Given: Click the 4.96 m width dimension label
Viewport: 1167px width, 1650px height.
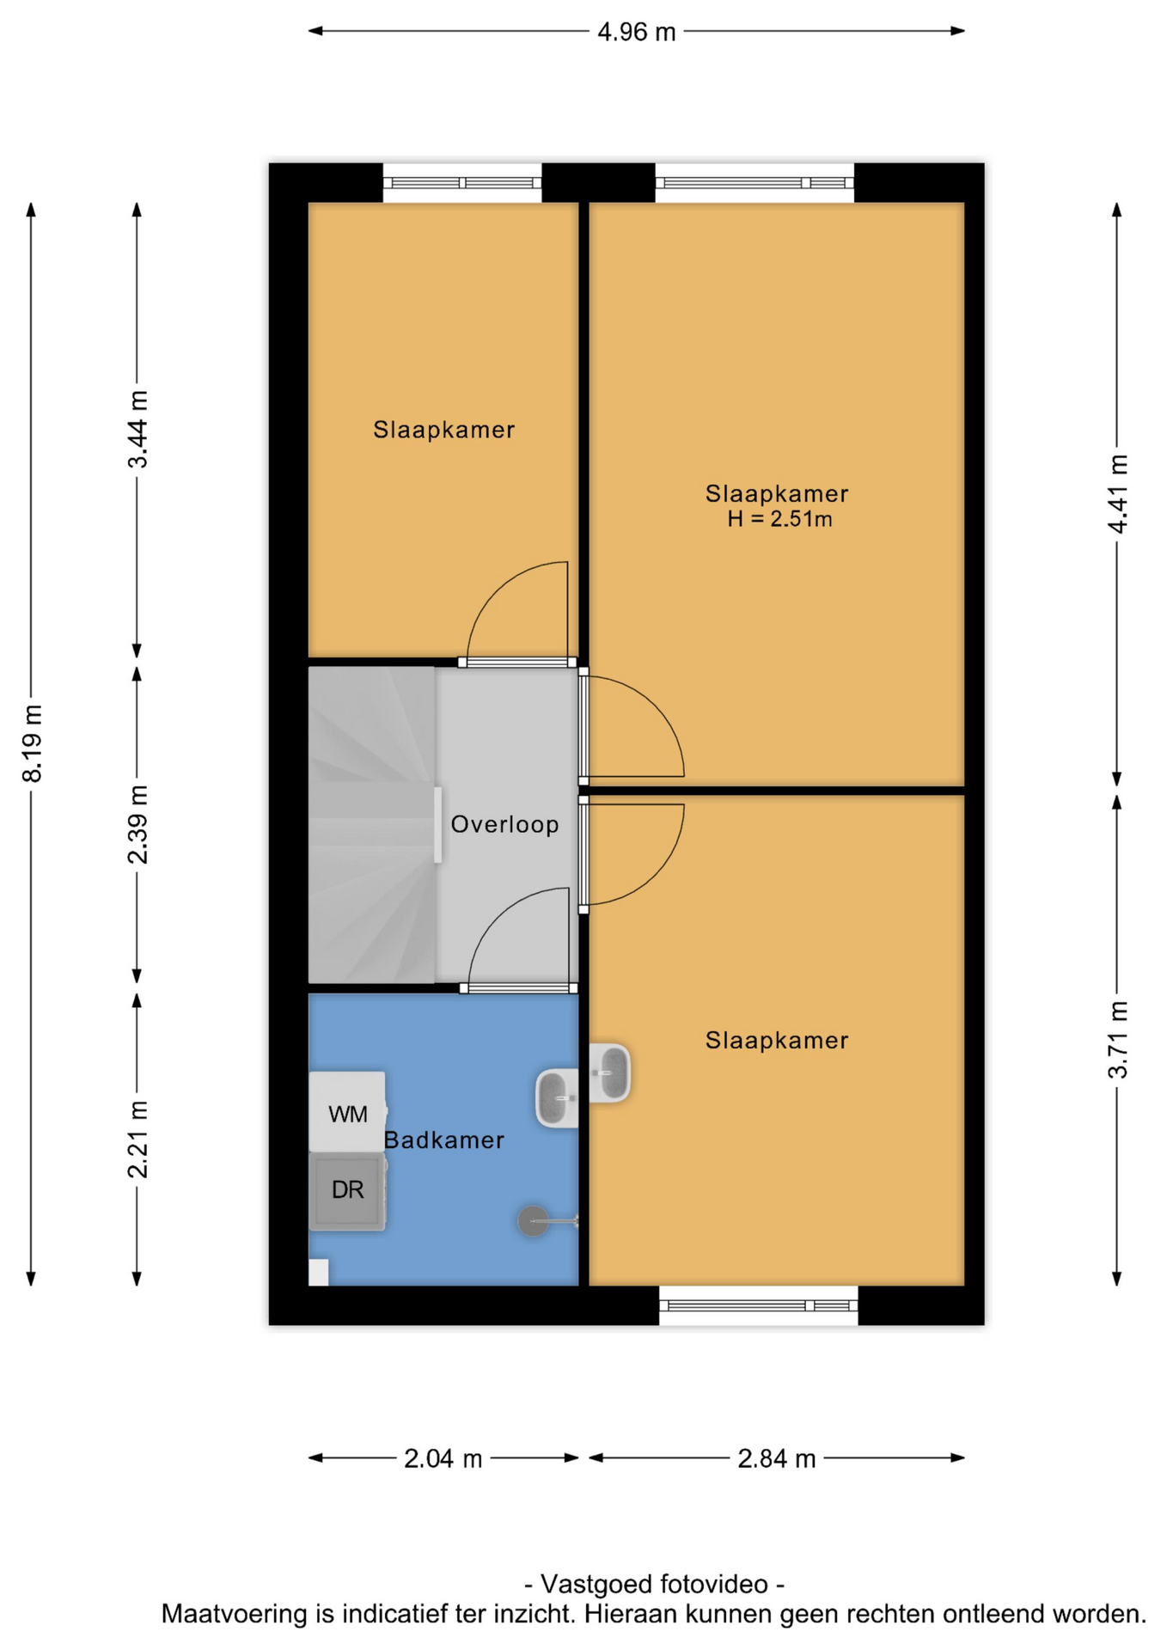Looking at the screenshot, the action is [636, 32].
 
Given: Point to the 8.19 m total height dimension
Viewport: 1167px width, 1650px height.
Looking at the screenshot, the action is [32, 743].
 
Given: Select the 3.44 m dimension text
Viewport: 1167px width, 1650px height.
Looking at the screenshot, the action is [137, 429].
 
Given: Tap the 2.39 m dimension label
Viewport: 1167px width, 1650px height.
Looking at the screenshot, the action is [137, 824].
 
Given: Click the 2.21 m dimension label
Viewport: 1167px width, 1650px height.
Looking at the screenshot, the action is [137, 1139].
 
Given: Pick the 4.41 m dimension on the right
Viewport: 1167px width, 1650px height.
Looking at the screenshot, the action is [1117, 493].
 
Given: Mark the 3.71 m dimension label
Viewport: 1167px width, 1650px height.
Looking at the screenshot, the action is [1117, 1039].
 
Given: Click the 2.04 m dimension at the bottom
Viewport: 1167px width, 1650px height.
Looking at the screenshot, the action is [443, 1458].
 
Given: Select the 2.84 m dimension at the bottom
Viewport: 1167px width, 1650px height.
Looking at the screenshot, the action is [776, 1458].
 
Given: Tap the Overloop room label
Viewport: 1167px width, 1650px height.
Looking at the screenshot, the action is [504, 824].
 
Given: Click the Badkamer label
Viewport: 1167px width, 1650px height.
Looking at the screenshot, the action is [443, 1140].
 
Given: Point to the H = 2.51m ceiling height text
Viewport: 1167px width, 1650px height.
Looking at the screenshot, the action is [779, 518].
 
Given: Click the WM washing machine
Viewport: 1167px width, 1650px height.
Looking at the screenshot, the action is [347, 1112].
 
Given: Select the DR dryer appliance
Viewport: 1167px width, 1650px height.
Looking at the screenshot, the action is [347, 1191].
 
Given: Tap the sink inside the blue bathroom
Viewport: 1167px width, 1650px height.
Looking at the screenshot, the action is [557, 1098].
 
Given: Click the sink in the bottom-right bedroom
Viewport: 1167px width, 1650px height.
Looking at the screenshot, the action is [610, 1072].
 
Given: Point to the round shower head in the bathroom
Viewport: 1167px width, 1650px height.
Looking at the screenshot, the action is [533, 1220].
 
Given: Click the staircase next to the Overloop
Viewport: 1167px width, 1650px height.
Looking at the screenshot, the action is [371, 824].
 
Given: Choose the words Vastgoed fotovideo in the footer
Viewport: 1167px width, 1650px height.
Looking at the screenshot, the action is [654, 1584].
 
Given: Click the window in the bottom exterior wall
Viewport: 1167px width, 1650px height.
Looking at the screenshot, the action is [758, 1305].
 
